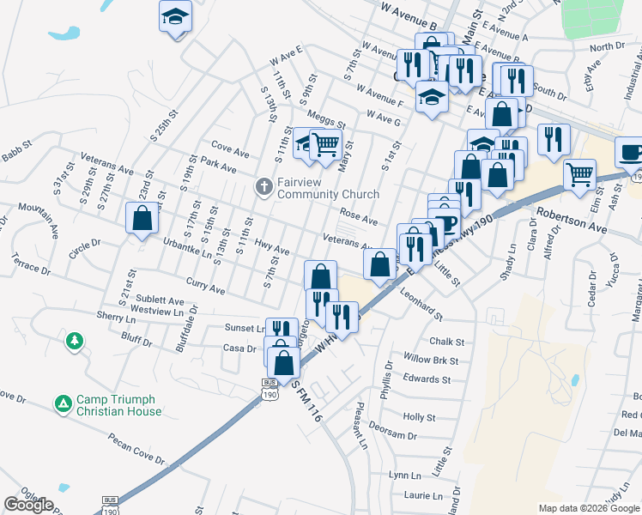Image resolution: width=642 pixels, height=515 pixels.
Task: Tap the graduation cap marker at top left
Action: click(176, 16)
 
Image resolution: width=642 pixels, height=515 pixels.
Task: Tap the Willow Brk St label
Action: click(432, 361)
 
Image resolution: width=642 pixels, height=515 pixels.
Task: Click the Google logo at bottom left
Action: click(28, 505)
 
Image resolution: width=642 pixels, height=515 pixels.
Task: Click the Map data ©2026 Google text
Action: click(588, 508)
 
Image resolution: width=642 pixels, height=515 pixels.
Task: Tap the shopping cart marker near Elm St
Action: click(579, 173)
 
